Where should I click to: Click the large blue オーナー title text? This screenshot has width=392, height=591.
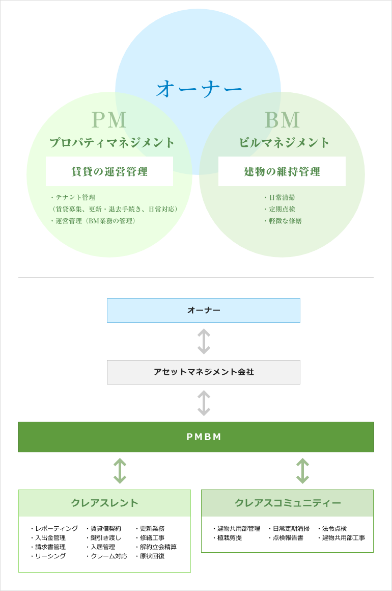tap(199, 88)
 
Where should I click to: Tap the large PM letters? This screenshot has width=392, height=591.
tap(109, 120)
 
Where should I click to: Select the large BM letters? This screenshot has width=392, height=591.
tap(282, 120)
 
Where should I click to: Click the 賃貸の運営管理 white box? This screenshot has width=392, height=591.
tap(109, 171)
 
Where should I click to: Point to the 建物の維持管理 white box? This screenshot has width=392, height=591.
tap(282, 171)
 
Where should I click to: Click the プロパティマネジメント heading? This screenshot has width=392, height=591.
tap(112, 143)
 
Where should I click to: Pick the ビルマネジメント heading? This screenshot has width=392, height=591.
tap(285, 143)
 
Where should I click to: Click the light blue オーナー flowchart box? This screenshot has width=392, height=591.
tap(204, 310)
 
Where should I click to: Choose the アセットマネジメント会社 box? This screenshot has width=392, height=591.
tap(204, 372)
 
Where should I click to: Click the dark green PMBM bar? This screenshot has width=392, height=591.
tap(196, 437)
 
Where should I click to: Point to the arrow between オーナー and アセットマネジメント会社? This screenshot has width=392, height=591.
tap(204, 341)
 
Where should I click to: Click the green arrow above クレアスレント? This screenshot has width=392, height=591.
tap(120, 471)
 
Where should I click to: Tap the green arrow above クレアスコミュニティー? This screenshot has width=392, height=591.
tap(302, 471)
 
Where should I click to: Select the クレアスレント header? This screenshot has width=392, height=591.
tap(104, 503)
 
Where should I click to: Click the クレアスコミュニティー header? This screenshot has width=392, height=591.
tap(288, 503)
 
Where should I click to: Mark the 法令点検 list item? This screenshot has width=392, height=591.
tap(334, 528)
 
